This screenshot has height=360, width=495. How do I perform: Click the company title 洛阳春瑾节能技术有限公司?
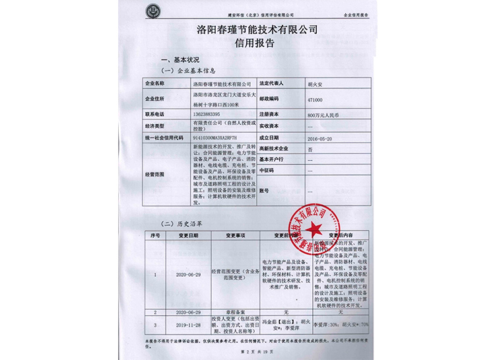[x=247, y=29]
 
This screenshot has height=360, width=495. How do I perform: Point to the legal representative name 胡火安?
[x=316, y=84]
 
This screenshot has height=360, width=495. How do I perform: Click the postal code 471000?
[x=315, y=99]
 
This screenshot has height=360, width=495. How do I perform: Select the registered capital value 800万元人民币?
[x=323, y=115]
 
